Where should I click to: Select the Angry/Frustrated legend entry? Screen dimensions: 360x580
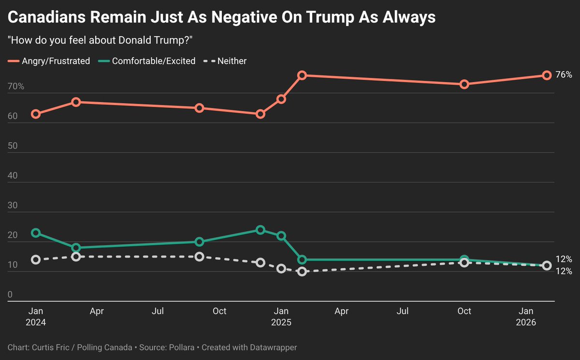pyautogui.click(x=49, y=61)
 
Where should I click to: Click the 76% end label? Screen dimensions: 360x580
pyautogui.click(x=564, y=75)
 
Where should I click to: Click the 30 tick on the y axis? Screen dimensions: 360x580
pyautogui.click(x=13, y=206)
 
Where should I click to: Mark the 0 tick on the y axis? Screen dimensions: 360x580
pyautogui.click(x=11, y=295)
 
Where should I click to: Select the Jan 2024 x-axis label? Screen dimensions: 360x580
pyautogui.click(x=35, y=316)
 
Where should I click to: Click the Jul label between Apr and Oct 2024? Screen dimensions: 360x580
pyautogui.click(x=158, y=311)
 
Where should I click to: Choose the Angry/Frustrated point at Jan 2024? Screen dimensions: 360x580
pyautogui.click(x=35, y=114)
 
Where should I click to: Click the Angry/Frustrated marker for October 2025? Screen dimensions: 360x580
pyautogui.click(x=464, y=84)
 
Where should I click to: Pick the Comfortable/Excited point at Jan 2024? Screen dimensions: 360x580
pyautogui.click(x=35, y=233)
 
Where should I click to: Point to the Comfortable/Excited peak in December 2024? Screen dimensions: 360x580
pyautogui.click(x=261, y=230)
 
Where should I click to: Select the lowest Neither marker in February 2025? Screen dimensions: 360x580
pyautogui.click(x=302, y=272)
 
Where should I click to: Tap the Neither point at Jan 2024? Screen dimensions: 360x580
pyautogui.click(x=35, y=259)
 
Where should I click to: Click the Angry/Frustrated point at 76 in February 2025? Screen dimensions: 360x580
pyautogui.click(x=302, y=75)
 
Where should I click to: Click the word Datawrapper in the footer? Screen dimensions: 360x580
pyautogui.click(x=276, y=347)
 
